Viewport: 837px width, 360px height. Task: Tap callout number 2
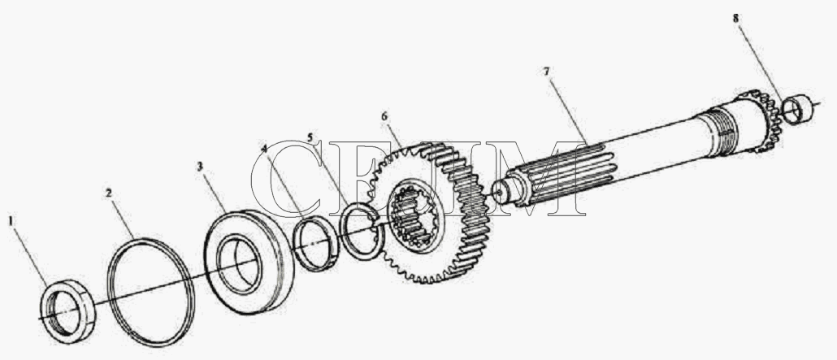109,193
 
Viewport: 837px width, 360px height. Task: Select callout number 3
200,167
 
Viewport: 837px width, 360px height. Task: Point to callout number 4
264,147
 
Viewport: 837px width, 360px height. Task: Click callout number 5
310,137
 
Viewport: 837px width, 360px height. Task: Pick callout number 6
385,116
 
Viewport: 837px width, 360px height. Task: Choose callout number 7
547,71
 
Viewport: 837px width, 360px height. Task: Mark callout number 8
736,18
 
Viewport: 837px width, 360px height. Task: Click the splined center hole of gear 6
414,219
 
